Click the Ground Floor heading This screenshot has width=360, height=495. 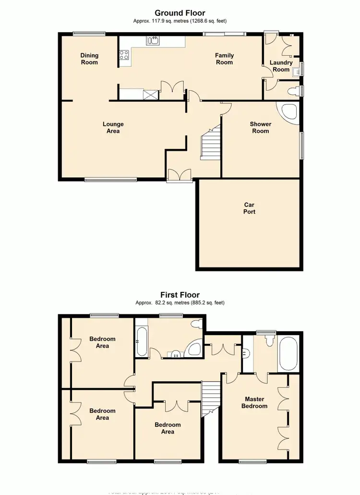tap(180, 13)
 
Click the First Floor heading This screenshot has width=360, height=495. tap(180, 295)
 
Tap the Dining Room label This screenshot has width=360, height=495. tap(89, 59)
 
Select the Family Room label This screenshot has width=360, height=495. tap(224, 59)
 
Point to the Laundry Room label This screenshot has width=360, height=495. tap(281, 66)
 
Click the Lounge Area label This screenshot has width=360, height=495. tap(111, 127)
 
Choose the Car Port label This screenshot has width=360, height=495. tap(249, 208)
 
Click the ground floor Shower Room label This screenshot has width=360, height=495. tap(260, 127)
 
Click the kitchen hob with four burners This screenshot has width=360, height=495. tap(124, 55)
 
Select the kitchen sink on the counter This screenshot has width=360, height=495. tap(153, 40)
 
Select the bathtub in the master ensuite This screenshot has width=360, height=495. tap(288, 354)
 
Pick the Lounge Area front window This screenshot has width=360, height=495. tap(110, 180)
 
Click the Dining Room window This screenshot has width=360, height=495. tap(89, 33)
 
